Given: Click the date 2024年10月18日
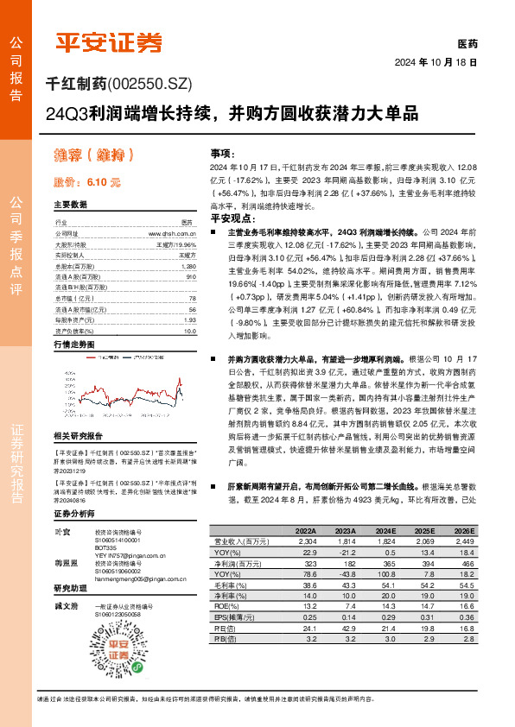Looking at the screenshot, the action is click(x=436, y=63).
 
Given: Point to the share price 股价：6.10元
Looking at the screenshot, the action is click(x=87, y=183).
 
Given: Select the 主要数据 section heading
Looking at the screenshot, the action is click(x=71, y=205).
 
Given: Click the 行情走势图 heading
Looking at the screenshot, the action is click(x=74, y=345).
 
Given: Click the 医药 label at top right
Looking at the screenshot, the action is click(x=467, y=43).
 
